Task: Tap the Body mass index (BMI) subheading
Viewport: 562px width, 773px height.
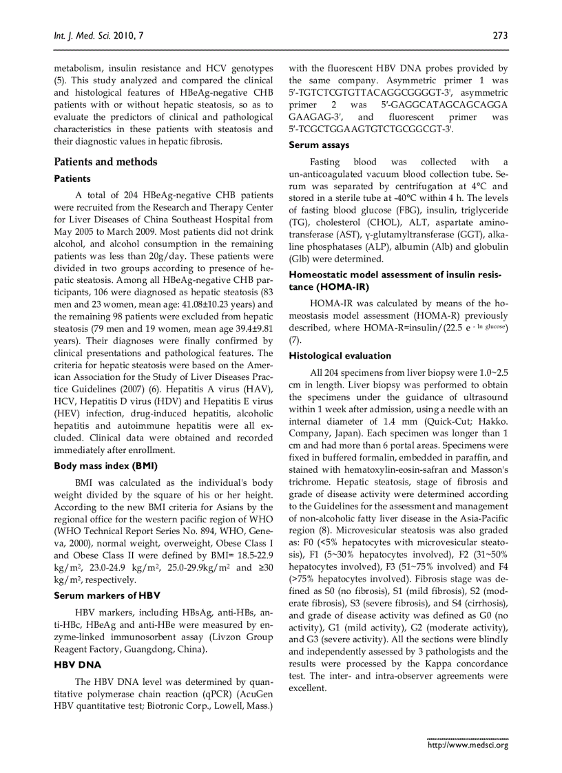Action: pos(105,465)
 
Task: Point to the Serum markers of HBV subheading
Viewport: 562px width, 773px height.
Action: pos(107,595)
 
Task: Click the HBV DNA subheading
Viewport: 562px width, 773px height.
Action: pos(77,665)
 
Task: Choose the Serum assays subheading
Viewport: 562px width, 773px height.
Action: pos(318,145)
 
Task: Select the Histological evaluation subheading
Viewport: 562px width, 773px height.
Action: pos(340,356)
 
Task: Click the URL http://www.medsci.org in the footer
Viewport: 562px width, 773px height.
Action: pos(468,745)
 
